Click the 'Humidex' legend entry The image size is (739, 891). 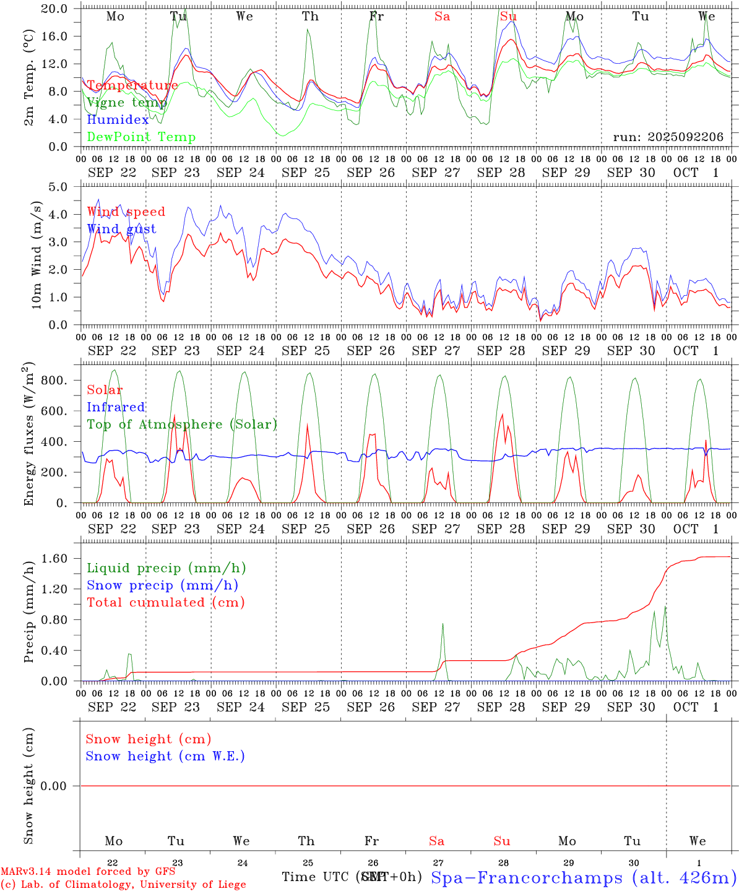click(118, 120)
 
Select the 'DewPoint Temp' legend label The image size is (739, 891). click(141, 137)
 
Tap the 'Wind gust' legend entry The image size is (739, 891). click(121, 229)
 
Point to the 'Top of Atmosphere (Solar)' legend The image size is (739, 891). click(182, 424)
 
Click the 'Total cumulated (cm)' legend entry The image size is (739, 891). click(166, 603)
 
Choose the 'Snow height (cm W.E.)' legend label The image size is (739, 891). click(165, 756)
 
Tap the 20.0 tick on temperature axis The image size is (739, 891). click(56, 9)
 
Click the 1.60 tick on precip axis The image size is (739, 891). click(56, 559)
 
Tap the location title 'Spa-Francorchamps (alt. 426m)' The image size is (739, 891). click(583, 877)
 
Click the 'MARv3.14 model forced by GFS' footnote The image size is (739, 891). click(88, 872)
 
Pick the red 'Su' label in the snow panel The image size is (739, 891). click(501, 841)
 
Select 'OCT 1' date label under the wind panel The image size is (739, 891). click(696, 351)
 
